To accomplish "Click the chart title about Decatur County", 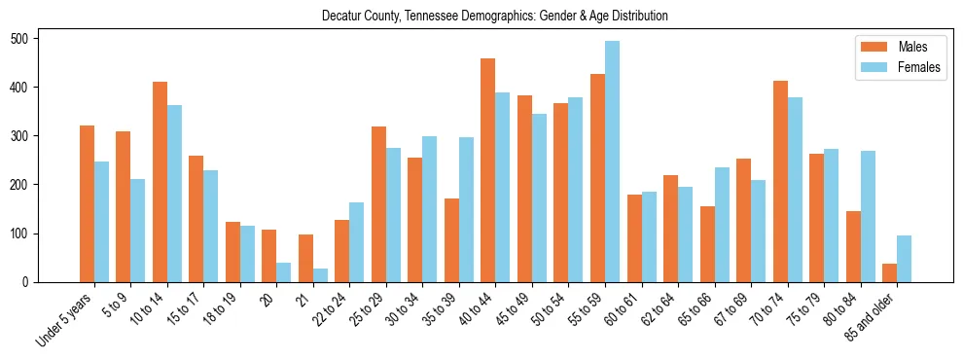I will [495, 17].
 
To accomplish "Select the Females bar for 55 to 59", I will [612, 162].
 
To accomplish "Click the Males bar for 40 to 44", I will [488, 170].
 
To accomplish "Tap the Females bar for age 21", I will [320, 275].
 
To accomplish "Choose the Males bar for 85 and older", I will [889, 273].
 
